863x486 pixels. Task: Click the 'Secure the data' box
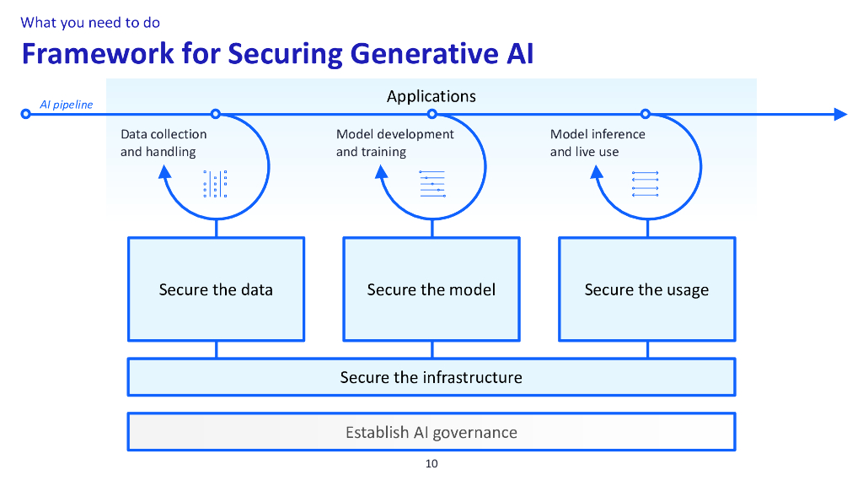[216, 289]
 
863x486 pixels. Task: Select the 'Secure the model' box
[431, 289]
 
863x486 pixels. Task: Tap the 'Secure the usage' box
[646, 289]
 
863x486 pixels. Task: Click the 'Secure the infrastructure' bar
[431, 377]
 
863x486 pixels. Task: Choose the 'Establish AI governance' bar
[431, 432]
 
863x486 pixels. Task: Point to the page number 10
[431, 463]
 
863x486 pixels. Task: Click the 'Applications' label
[431, 96]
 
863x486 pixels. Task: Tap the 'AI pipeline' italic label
[67, 105]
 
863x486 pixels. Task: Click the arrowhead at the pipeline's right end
[839, 114]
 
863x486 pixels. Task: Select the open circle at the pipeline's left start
[26, 114]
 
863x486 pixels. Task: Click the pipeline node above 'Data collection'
[216, 114]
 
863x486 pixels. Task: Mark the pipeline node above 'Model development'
[432, 114]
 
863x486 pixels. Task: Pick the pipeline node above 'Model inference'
[646, 114]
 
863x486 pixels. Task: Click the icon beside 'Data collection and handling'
[216, 184]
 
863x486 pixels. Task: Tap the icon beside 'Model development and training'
[432, 184]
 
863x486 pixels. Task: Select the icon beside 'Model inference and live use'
[645, 184]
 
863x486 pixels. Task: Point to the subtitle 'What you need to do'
[90, 23]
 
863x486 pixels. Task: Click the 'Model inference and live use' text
[598, 143]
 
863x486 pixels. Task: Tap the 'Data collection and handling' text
[163, 143]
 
